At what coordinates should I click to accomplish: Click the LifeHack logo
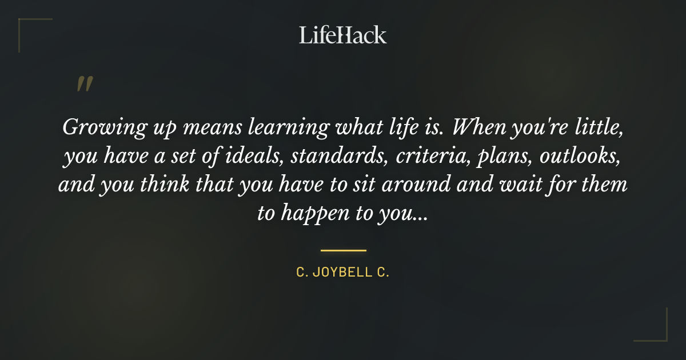pos(342,35)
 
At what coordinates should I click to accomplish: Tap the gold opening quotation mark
pos(84,83)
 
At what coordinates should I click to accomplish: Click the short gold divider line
pos(343,250)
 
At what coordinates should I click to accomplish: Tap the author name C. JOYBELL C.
pos(342,273)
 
